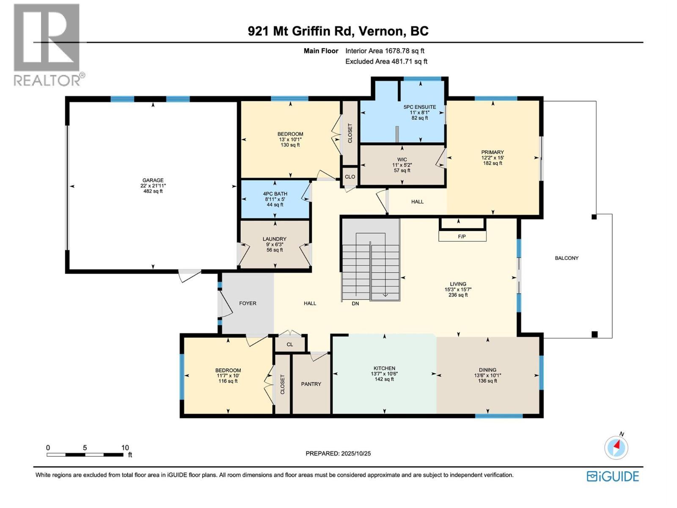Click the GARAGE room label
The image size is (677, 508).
(x=153, y=180)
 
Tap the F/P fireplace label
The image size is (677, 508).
(x=462, y=237)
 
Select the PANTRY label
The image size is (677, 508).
(x=311, y=384)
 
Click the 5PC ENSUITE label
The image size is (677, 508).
(x=419, y=107)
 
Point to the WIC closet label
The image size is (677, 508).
(x=402, y=160)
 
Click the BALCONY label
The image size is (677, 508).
(x=567, y=258)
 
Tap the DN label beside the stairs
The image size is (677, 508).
(x=355, y=304)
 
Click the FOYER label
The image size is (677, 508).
(x=248, y=303)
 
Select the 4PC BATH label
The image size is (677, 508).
(x=275, y=194)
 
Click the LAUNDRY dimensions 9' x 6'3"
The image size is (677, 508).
(x=275, y=244)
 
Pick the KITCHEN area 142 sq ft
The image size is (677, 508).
(x=384, y=379)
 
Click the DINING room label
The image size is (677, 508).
(x=487, y=370)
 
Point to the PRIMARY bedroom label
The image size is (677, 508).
(x=492, y=152)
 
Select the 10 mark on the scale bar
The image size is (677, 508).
(x=125, y=447)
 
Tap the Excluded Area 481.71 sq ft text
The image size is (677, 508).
(x=386, y=61)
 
